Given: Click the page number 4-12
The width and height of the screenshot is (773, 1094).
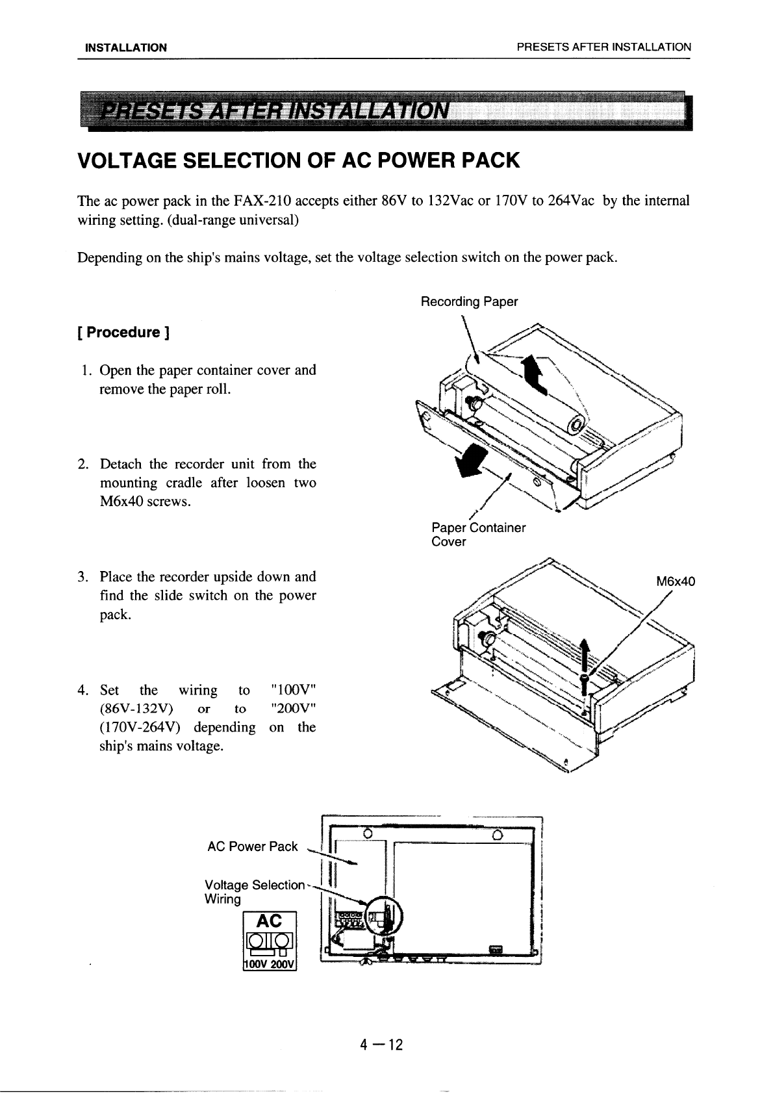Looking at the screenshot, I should pyautogui.click(x=383, y=1045).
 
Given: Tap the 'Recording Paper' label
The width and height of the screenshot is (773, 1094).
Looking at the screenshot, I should pyautogui.click(x=469, y=301).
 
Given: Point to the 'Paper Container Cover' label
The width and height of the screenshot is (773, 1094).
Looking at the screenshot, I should pyautogui.click(x=478, y=534).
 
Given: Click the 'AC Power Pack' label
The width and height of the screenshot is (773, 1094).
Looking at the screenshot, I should pyautogui.click(x=252, y=846).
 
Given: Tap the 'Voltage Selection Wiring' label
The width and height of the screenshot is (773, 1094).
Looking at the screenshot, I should pyautogui.click(x=253, y=892).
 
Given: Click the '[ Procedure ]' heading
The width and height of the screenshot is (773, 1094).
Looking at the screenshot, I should pyautogui.click(x=123, y=333).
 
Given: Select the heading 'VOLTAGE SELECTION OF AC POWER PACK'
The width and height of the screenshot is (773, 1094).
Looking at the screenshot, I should pyautogui.click(x=299, y=160).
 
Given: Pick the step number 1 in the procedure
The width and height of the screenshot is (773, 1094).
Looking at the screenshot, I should pyautogui.click(x=86, y=370).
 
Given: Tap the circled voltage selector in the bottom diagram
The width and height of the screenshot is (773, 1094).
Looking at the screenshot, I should pyautogui.click(x=384, y=915).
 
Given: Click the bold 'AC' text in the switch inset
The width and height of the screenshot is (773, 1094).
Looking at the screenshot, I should pyautogui.click(x=270, y=921).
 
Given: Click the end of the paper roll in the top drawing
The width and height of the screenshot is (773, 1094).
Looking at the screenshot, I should pyautogui.click(x=576, y=426).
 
